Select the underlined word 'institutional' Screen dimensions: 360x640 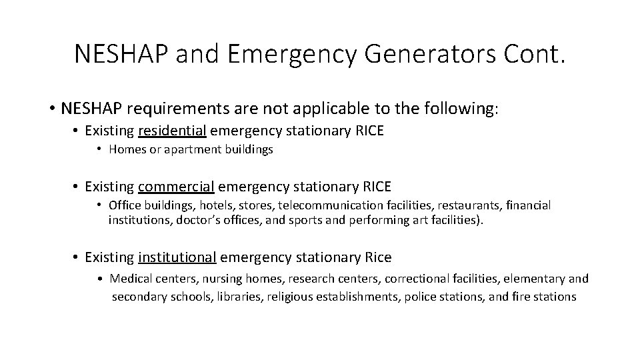[177, 257]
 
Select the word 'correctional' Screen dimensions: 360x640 [395, 279]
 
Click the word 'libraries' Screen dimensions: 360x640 [238, 296]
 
